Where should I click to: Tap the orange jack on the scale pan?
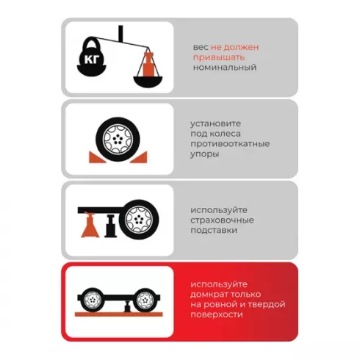pyautogui.click(x=148, y=64)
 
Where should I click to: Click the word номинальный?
pyautogui.click(x=225, y=68)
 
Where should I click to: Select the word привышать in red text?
pyautogui.click(x=219, y=57)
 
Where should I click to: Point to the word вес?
pyautogui.click(x=201, y=47)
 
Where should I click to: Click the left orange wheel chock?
pyautogui.click(x=96, y=157)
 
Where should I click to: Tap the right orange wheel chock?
pyautogui.click(x=140, y=157)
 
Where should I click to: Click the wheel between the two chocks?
pyautogui.click(x=118, y=139)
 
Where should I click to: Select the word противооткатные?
pyautogui.click(x=230, y=143)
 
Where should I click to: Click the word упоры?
pyautogui.click(x=205, y=154)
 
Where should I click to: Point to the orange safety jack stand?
pyautogui.click(x=90, y=225)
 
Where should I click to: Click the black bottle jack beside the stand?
pyautogui.click(x=111, y=226)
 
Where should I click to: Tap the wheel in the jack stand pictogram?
pyautogui.click(x=139, y=219)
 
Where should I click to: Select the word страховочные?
pyautogui.click(x=222, y=220)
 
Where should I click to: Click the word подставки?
pyautogui.click(x=214, y=230)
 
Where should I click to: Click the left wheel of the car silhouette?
pyautogui.click(x=93, y=300)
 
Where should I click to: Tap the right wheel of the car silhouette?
pyautogui.click(x=145, y=300)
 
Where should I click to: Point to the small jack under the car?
pyautogui.click(x=127, y=306)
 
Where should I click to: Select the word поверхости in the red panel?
pyautogui.click(x=217, y=314)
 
